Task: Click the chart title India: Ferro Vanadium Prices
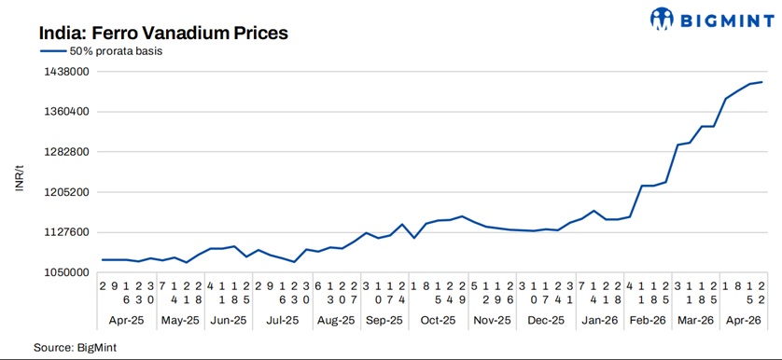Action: click(162, 32)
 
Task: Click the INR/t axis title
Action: click(20, 173)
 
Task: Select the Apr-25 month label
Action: click(126, 320)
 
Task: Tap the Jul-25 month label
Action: click(282, 320)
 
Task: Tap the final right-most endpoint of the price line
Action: click(762, 82)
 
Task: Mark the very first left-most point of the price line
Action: click(102, 259)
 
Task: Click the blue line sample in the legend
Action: click(52, 51)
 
